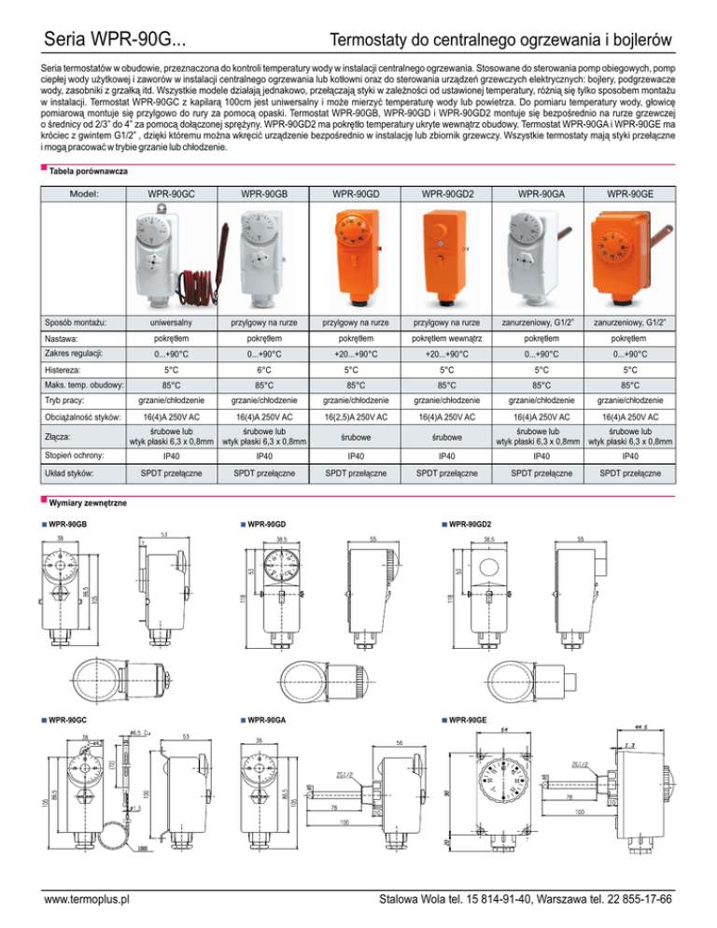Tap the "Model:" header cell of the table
click(x=85, y=194)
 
